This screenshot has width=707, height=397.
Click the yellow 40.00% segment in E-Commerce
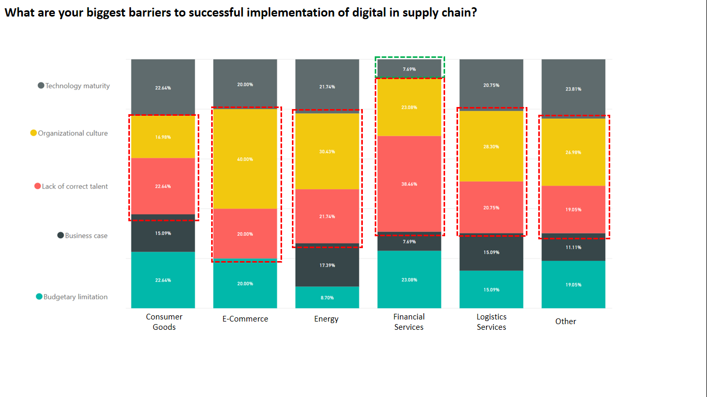point(245,159)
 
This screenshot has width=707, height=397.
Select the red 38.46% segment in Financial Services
point(409,184)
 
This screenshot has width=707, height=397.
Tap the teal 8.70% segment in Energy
point(327,298)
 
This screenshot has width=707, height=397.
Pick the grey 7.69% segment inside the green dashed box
point(409,69)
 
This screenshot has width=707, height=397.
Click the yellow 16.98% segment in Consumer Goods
point(163,137)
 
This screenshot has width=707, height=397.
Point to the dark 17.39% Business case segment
point(327,265)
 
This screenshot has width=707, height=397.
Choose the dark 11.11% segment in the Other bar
point(573,247)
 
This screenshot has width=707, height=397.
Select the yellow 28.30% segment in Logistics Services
point(491,146)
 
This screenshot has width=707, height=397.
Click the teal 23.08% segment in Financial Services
point(409,280)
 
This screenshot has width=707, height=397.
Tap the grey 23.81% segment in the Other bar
point(573,89)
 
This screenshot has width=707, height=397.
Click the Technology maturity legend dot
point(41,86)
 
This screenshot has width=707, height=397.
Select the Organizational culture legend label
point(73,133)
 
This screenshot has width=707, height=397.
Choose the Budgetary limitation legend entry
point(76,297)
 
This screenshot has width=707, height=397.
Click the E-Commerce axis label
point(245,319)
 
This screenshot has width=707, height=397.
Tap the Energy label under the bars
point(327,319)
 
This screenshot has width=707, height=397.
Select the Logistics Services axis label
point(491,322)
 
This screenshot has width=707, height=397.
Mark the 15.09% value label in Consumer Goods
point(163,233)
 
